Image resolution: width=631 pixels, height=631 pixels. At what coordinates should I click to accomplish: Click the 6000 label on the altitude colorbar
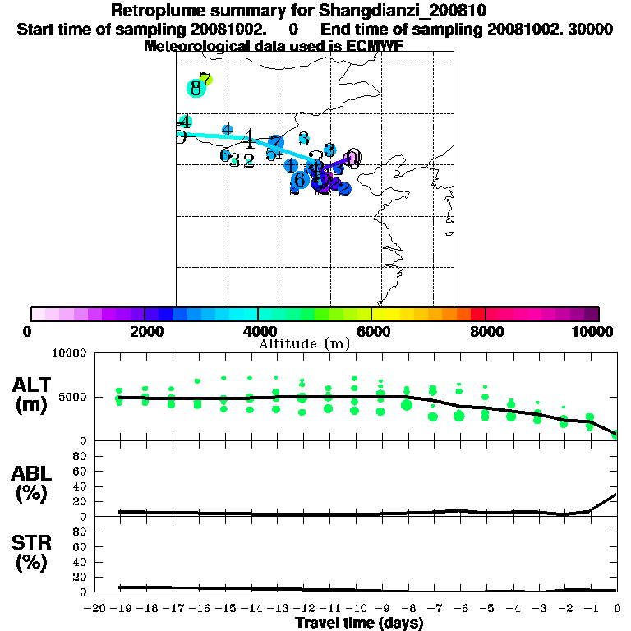(x=372, y=331)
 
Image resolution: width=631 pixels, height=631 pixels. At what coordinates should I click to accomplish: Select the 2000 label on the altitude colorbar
(x=145, y=331)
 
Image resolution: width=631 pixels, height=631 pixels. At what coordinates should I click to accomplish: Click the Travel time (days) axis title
(x=359, y=624)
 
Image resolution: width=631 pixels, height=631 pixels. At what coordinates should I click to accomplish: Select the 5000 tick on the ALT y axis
(x=69, y=398)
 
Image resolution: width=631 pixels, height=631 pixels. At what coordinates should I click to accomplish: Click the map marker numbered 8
(x=196, y=88)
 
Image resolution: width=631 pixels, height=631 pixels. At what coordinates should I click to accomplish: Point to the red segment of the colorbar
(x=477, y=314)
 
